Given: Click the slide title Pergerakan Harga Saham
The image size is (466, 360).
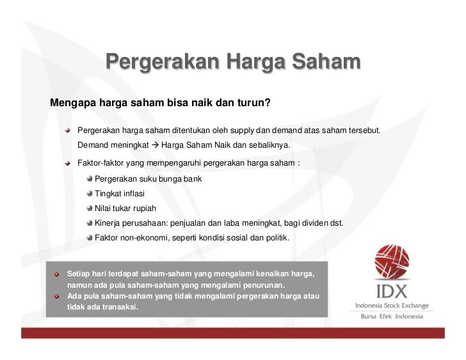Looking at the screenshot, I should (x=233, y=63).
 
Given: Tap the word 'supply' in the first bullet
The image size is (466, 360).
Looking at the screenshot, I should (x=248, y=130).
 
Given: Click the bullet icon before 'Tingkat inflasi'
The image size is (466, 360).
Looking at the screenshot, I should (x=90, y=194).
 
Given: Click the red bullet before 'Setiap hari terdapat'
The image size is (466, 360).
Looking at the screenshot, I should (x=57, y=274).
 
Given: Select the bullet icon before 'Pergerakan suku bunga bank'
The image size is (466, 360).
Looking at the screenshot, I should (x=90, y=179).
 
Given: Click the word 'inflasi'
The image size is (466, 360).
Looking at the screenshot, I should (x=134, y=194).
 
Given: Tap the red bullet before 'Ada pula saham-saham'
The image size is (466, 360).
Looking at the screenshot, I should (x=57, y=296).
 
